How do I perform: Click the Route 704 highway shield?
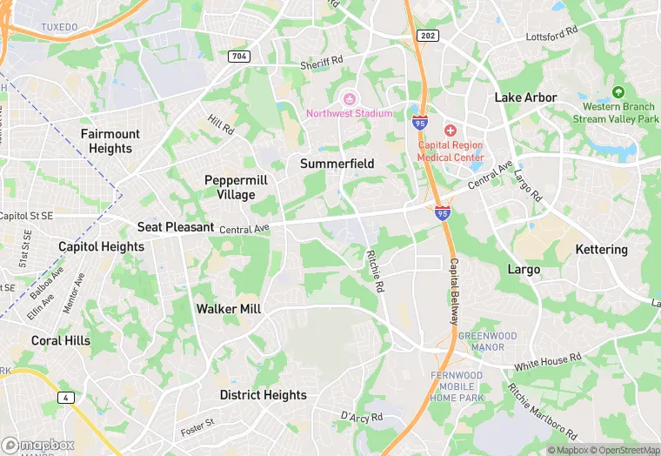(x=239, y=56)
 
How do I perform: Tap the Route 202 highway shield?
(x=428, y=36)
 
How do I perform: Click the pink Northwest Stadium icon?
(x=351, y=98)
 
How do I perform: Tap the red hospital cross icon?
(x=450, y=130)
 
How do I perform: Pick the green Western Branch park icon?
(x=618, y=92)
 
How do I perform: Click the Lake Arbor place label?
(x=525, y=97)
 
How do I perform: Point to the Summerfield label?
(x=337, y=164)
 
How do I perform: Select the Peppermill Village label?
(x=236, y=187)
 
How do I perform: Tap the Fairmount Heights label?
(x=110, y=141)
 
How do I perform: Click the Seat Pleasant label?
(x=176, y=227)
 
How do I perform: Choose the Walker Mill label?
(x=230, y=309)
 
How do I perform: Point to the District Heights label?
(x=263, y=395)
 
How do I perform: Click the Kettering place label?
(x=601, y=250)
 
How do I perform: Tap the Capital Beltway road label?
(x=453, y=292)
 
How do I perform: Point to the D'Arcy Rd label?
(x=361, y=418)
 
